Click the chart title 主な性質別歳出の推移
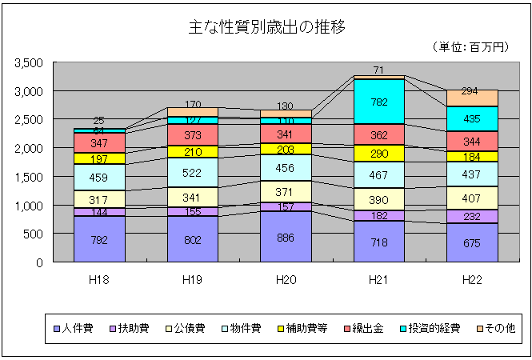click(265, 26)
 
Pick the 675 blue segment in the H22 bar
click(472, 242)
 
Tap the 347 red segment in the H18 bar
click(99, 142)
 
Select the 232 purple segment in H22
click(472, 216)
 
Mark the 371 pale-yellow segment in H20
click(286, 193)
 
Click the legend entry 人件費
click(79, 328)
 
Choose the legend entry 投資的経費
click(430, 328)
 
